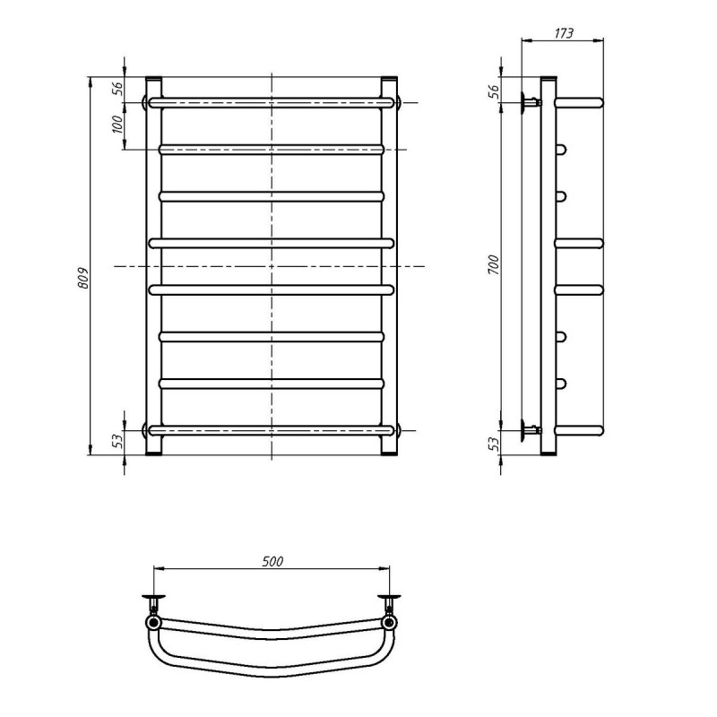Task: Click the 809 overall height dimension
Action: point(83,278)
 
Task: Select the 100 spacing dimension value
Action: point(117,125)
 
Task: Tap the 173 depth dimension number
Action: point(564,33)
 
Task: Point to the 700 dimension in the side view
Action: point(494,264)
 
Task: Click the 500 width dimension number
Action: point(272,561)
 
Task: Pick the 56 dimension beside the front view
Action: point(117,89)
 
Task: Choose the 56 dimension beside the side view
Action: point(494,92)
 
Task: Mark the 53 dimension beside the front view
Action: point(117,441)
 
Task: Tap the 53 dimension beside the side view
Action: point(494,444)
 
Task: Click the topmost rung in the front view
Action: point(272,102)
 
